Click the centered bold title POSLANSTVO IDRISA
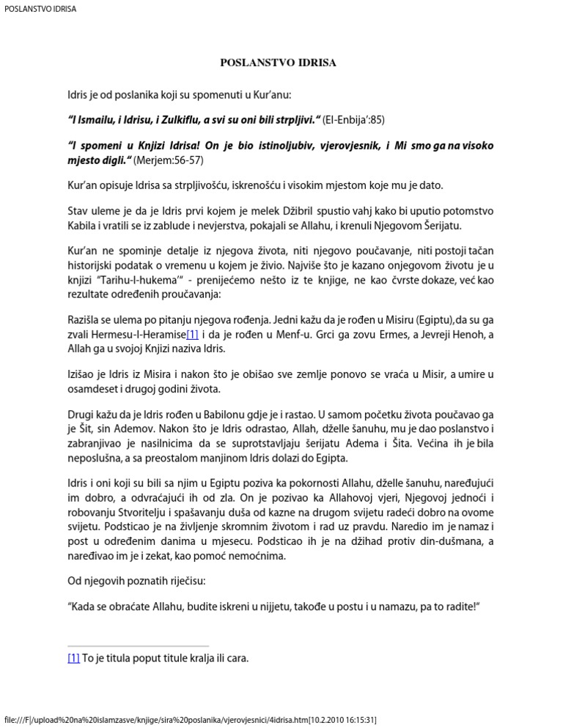click(x=279, y=63)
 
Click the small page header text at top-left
click(x=40, y=10)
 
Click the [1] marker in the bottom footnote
click(x=73, y=658)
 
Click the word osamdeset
click(x=94, y=388)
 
